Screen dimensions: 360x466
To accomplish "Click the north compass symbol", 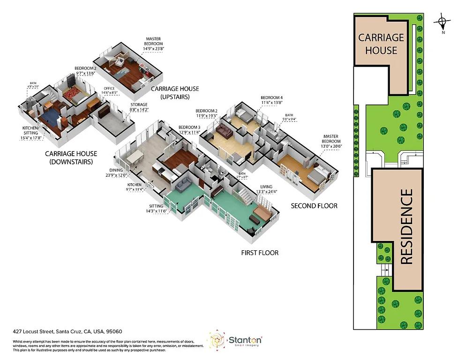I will pos(442,21).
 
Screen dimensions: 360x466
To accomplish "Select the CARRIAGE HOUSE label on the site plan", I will pos(381,43).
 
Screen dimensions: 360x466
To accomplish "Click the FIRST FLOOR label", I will pos(259,253).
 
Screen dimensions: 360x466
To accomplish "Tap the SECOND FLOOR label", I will pos(314,206).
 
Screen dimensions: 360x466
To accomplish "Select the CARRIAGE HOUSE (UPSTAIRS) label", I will pos(175,92).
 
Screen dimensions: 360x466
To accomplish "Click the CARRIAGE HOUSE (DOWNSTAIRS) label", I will pos(71,157).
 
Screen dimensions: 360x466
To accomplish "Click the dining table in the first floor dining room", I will pos(134,157).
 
